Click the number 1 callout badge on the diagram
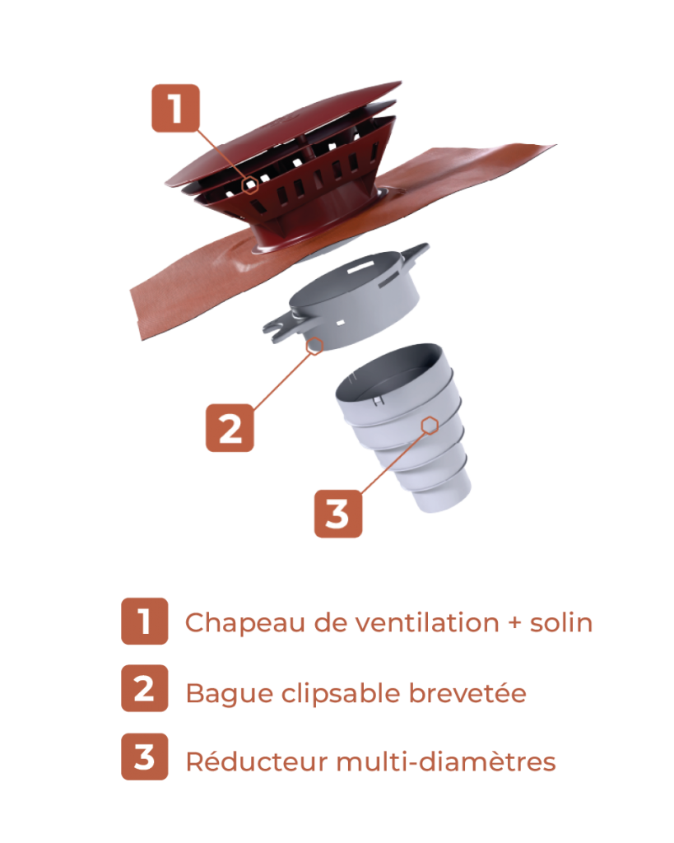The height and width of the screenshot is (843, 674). click(x=175, y=108)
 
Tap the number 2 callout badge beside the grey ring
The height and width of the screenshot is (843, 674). click(x=230, y=428)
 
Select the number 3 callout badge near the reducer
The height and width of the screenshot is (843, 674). click(x=338, y=514)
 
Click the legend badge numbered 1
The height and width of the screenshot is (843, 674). click(x=145, y=621)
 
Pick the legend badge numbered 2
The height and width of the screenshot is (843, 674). click(x=145, y=688)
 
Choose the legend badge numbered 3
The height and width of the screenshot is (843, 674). click(x=145, y=757)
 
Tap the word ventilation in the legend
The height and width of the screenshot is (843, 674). click(x=427, y=622)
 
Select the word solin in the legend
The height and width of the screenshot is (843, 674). click(x=561, y=622)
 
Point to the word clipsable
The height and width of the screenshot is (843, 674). click(x=342, y=693)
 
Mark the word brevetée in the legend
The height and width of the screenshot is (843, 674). click(x=467, y=692)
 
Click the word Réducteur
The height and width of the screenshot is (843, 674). click(x=257, y=761)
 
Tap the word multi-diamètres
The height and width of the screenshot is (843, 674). click(x=445, y=761)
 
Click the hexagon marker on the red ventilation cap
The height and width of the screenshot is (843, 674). click(x=250, y=185)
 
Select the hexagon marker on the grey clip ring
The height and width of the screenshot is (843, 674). click(x=314, y=346)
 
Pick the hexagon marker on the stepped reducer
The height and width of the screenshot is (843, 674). click(x=430, y=426)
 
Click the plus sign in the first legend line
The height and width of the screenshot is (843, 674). click(x=515, y=623)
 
